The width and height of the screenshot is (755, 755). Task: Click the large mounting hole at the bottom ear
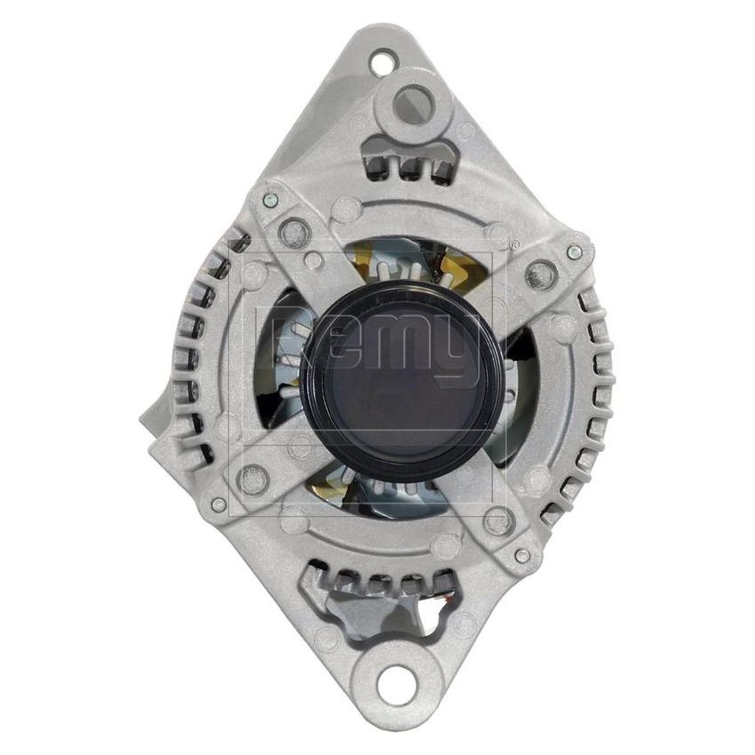(396, 684)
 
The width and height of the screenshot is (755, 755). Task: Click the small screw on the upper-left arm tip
(271, 200)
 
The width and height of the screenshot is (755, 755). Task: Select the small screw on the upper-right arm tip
(575, 252)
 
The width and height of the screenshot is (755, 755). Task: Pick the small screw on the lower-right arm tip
(522, 556)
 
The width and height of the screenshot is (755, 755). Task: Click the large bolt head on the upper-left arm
(294, 234)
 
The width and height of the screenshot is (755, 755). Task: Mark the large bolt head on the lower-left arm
(254, 480)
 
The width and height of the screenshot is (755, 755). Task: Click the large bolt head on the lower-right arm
(499, 522)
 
